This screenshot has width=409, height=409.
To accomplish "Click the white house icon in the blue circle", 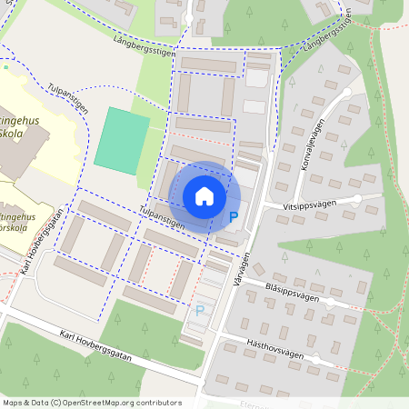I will [x=204, y=195].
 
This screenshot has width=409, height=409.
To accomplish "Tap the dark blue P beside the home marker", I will [x=234, y=217].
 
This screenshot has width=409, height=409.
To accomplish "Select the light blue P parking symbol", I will [x=200, y=311].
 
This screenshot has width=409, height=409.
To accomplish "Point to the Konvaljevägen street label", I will [x=308, y=145].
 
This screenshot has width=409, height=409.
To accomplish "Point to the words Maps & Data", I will [x=25, y=403].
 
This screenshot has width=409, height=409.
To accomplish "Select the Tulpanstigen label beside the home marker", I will [x=164, y=217].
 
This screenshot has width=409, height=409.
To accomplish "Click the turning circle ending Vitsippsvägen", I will [x=357, y=198].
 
